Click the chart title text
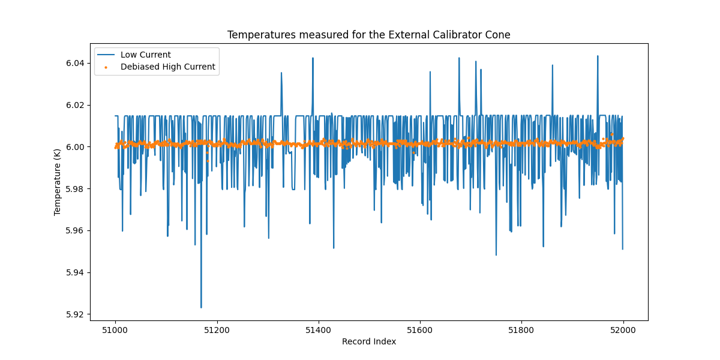368,35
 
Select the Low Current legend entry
145,55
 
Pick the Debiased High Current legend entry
167,67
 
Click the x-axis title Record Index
368,341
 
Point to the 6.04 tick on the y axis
75,63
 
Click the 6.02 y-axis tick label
75,105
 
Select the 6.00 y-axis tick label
75,147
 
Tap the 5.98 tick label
75,189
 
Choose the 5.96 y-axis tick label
75,230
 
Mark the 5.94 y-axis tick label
75,272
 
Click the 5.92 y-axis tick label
75,314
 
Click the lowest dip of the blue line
201,307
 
